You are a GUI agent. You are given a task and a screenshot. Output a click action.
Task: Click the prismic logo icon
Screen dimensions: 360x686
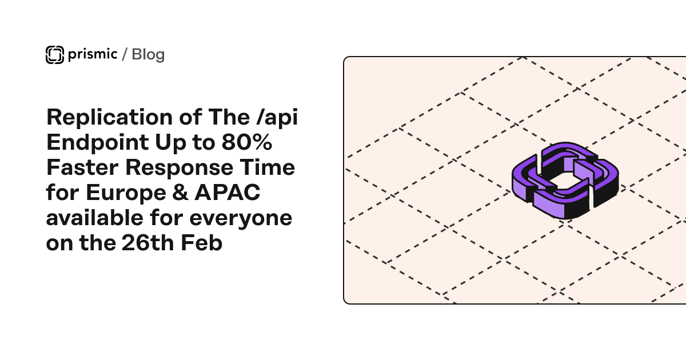pyautogui.click(x=54, y=54)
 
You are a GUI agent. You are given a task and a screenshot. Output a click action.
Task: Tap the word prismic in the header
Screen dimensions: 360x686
pyautogui.click(x=91, y=54)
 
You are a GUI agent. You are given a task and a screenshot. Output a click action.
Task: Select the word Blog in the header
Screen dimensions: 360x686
pyautogui.click(x=148, y=54)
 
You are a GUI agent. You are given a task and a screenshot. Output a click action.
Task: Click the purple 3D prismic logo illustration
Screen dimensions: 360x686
pyautogui.click(x=565, y=181)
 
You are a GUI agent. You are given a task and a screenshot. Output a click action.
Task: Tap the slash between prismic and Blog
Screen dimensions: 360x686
pyautogui.click(x=125, y=54)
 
